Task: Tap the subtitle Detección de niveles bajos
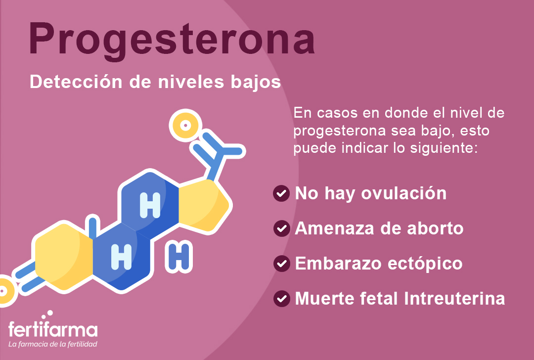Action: point(155,82)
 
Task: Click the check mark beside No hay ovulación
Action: point(281,193)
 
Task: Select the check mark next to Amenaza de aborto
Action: point(281,228)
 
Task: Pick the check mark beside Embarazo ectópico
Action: point(281,263)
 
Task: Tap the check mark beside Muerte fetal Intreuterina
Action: point(281,298)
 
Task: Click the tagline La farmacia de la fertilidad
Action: point(52,344)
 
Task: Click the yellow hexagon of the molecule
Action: point(63,256)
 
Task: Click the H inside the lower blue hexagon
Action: point(121,256)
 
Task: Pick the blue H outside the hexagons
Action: point(179,256)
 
